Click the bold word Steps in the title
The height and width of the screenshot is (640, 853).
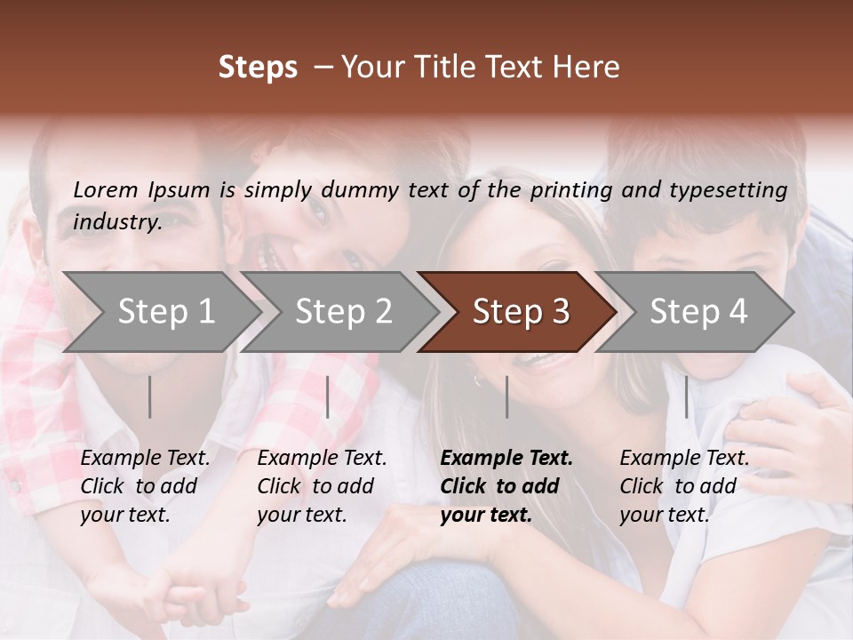click(258, 68)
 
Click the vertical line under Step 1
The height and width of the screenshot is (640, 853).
click(150, 396)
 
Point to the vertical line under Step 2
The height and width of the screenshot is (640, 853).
click(328, 396)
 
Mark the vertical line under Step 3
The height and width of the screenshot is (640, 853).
click(506, 396)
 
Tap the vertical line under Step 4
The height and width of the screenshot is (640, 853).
click(686, 396)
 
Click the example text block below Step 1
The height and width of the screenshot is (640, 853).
click(145, 486)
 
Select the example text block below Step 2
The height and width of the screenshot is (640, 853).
click(322, 486)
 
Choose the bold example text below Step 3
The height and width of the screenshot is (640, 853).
click(506, 486)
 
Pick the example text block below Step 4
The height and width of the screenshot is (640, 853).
click(684, 486)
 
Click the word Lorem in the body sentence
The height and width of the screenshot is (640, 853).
click(106, 189)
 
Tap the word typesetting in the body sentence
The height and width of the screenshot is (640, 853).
click(735, 189)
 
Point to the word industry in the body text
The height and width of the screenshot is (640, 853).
click(117, 222)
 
